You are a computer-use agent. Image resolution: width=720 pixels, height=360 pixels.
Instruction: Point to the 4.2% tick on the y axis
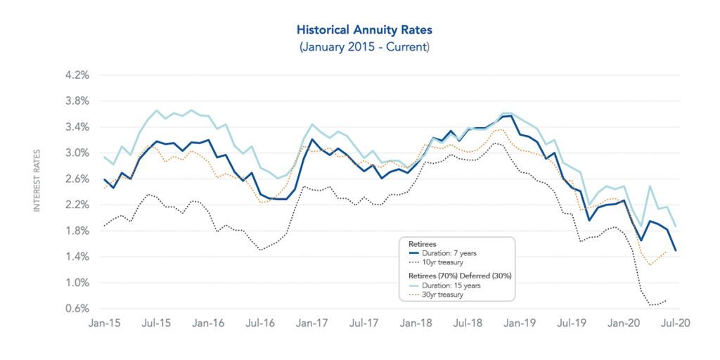(79, 75)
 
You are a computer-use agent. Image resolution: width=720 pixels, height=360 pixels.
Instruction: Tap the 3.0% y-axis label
(79, 153)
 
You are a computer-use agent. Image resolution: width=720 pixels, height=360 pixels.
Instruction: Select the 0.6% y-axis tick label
(79, 309)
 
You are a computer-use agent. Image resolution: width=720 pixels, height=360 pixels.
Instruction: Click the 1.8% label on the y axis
(79, 231)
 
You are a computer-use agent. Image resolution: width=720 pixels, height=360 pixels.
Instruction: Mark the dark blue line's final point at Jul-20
(676, 250)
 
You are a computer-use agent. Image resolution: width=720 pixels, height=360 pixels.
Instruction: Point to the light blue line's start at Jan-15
(104, 156)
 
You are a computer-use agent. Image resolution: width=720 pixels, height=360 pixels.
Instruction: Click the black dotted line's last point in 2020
(666, 300)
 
